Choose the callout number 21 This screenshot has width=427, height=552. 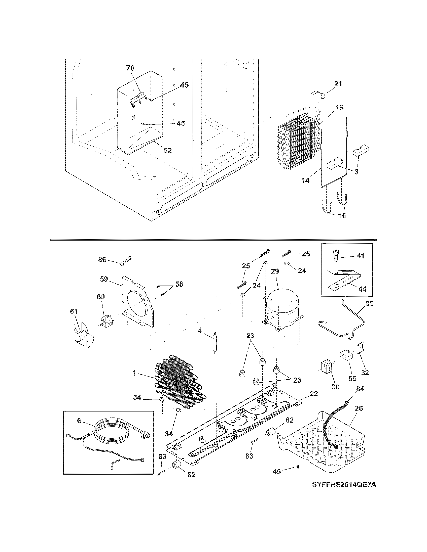click(x=338, y=84)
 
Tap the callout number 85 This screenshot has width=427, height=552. click(x=369, y=304)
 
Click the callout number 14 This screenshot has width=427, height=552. click(x=305, y=180)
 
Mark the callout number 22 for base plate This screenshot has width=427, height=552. click(x=314, y=394)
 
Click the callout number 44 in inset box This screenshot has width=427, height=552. click(x=362, y=289)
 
